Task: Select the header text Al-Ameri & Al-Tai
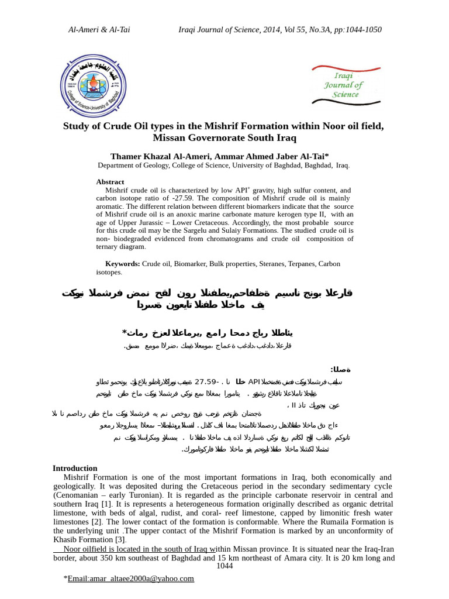(99, 30)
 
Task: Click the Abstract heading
(110, 182)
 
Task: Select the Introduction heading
(75, 468)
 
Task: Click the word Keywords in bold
(122, 264)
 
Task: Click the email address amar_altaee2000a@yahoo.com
(130, 579)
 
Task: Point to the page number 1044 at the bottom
(224, 566)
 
